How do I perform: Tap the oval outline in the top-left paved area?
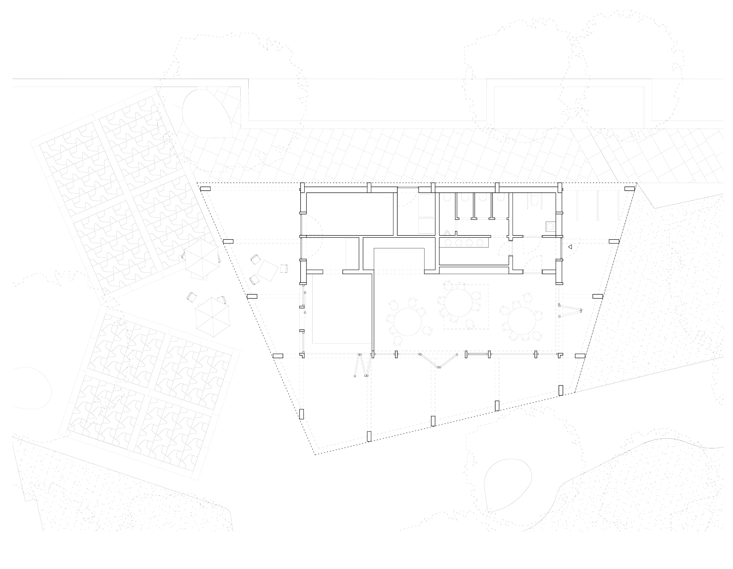[207, 114]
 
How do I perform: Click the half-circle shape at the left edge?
[33, 388]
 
